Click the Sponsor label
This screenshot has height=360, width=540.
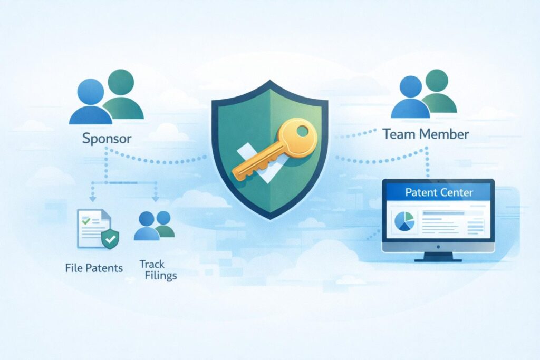click(x=107, y=139)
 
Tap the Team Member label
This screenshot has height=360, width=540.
click(x=426, y=134)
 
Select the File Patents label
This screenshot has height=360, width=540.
click(x=94, y=268)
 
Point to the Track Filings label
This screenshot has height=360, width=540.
click(x=158, y=270)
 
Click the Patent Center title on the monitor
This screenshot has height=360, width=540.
click(x=439, y=192)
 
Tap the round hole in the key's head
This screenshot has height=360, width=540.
click(x=303, y=131)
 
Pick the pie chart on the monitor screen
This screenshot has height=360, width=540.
click(x=404, y=221)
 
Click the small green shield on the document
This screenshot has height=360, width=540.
click(x=110, y=238)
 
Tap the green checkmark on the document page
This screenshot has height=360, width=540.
click(x=86, y=220)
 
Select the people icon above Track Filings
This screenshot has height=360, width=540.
click(x=155, y=226)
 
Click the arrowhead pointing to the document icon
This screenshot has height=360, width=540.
click(x=92, y=199)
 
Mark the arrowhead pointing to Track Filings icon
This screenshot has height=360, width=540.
click(x=156, y=199)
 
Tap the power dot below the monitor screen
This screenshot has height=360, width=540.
click(x=438, y=247)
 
